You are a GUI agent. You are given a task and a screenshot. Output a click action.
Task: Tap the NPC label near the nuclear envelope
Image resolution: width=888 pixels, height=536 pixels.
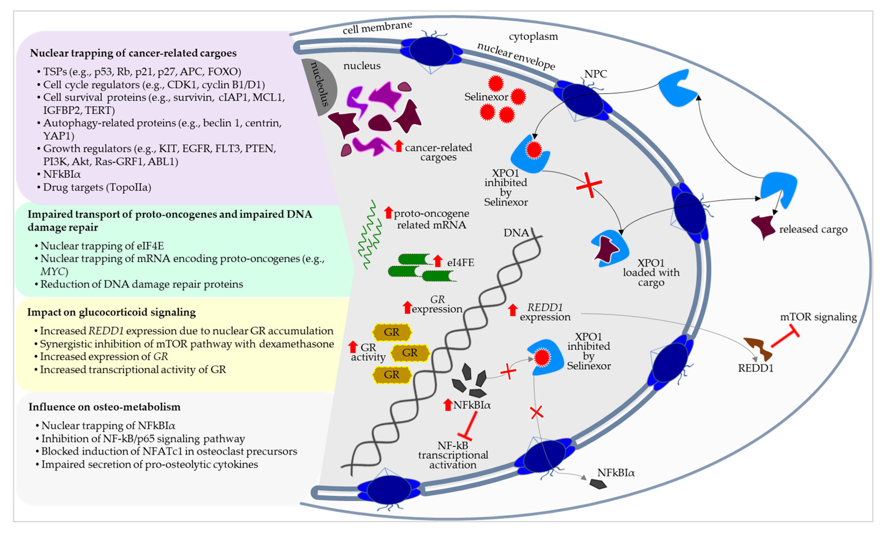[595, 74]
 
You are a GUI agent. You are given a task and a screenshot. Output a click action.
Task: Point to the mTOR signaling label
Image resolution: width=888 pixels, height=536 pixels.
[818, 317]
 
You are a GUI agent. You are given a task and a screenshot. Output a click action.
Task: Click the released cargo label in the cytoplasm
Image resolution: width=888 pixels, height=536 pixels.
[813, 229]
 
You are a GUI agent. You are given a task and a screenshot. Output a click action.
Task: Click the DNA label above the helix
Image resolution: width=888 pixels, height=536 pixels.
[516, 233]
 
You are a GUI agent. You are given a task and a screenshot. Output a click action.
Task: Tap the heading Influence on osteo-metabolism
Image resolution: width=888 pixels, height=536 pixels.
[105, 407]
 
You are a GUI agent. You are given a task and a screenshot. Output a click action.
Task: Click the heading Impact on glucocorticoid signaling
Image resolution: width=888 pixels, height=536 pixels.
[111, 312]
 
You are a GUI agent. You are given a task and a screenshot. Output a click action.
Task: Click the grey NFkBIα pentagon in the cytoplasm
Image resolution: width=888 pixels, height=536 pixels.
[598, 484]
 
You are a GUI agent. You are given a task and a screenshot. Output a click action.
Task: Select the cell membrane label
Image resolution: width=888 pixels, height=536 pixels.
[377, 27]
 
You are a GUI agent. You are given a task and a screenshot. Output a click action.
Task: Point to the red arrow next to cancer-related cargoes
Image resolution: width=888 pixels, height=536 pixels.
[398, 146]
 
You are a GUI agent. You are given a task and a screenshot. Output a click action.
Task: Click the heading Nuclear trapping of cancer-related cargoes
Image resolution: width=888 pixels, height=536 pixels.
[133, 53]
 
